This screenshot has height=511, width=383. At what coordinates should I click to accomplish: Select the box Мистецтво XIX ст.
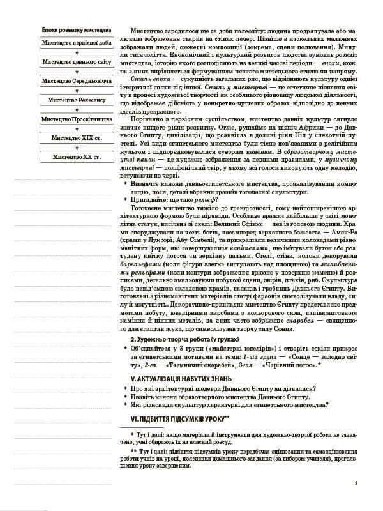coord(77,137)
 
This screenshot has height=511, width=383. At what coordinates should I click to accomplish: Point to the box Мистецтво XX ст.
coord(77,156)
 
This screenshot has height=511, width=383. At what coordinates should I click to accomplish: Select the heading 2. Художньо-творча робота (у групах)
coord(176,339)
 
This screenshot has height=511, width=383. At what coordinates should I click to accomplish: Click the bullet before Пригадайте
coord(126,199)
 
